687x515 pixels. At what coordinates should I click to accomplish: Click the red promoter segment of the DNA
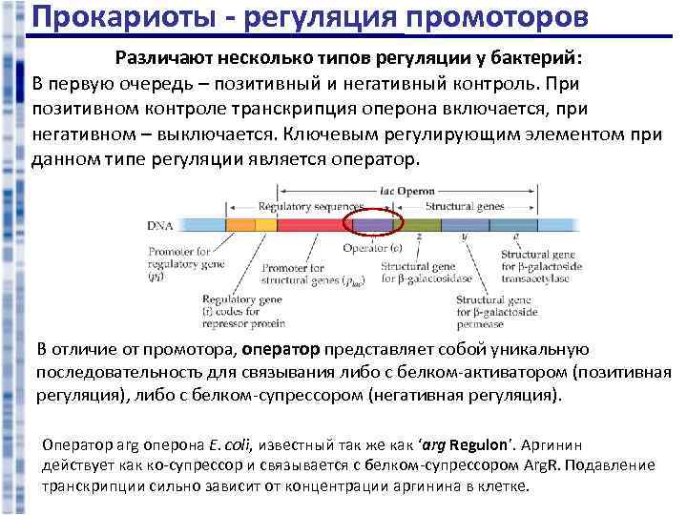(314, 226)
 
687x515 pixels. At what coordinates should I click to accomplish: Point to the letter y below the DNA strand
(463, 237)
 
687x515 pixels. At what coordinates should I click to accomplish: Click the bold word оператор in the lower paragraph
(284, 351)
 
